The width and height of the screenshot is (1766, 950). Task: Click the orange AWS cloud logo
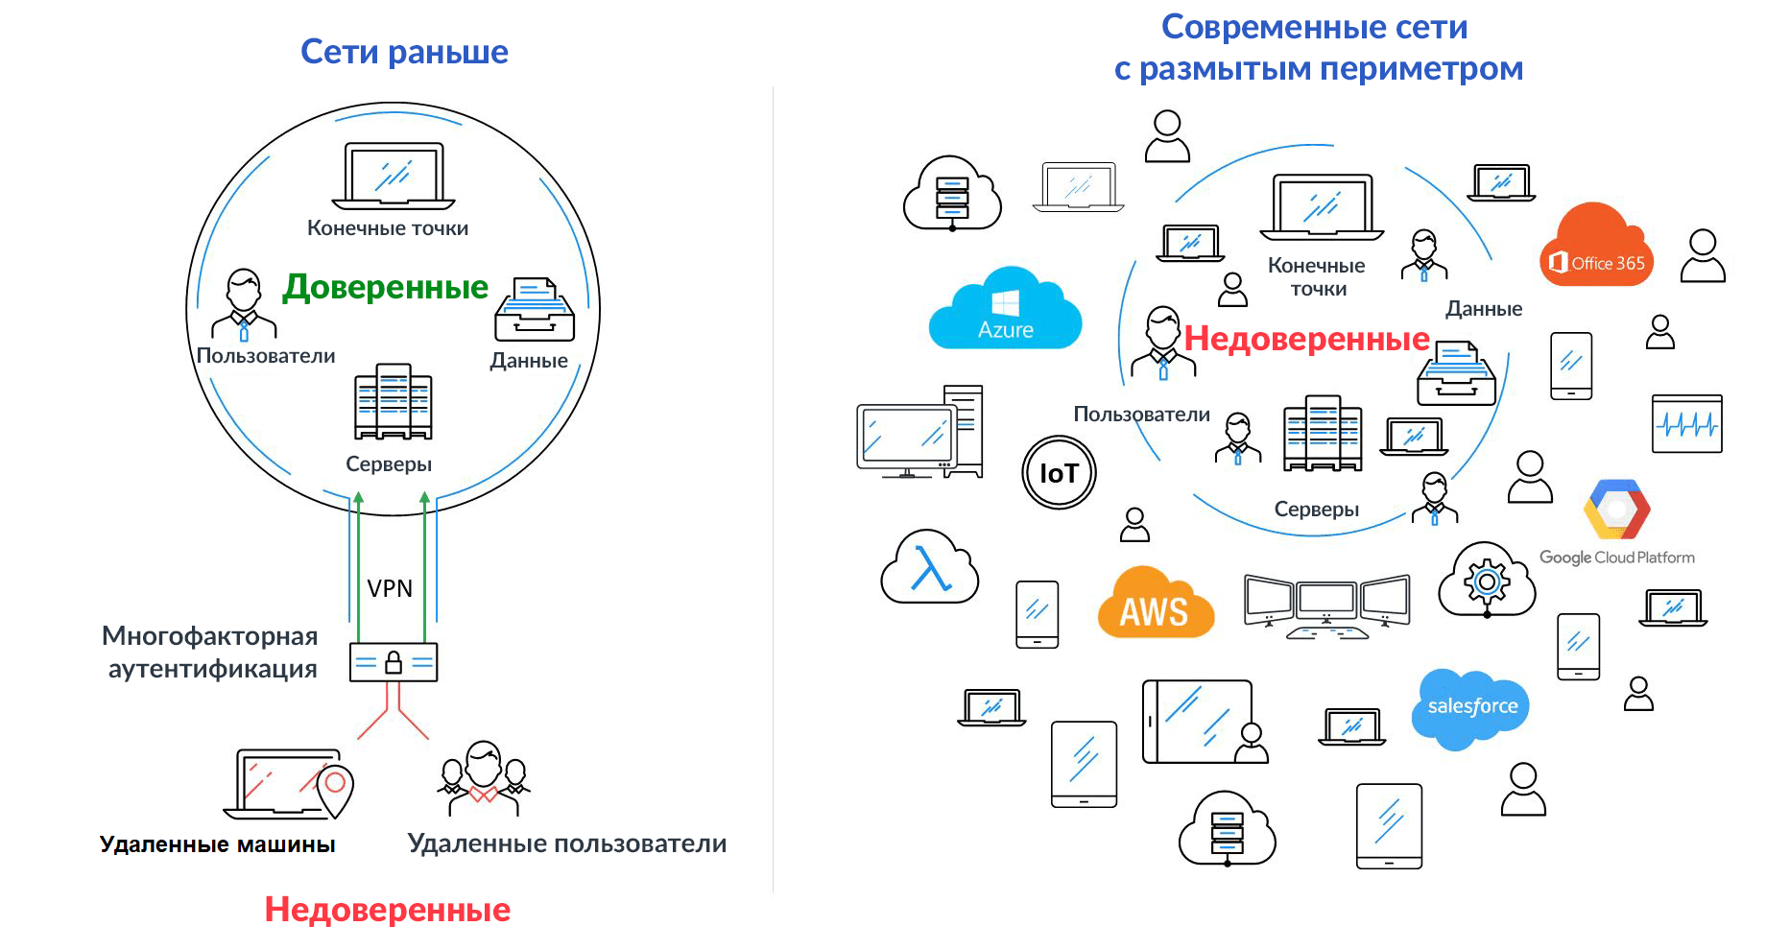point(1155,604)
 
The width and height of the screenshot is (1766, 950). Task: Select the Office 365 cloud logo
point(1597,249)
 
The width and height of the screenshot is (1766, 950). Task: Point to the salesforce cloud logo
point(1471,708)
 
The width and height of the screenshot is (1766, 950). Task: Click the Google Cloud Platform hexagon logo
point(1617,511)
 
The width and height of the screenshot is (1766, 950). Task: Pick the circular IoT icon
point(1059,472)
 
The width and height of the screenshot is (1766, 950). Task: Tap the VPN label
point(390,588)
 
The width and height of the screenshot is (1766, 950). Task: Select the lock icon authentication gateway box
point(394,662)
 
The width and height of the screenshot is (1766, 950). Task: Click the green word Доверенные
point(385,287)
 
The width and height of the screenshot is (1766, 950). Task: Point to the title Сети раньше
point(404,52)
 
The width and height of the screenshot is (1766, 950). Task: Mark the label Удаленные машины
point(218,844)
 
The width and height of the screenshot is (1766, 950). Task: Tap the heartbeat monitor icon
point(1686,423)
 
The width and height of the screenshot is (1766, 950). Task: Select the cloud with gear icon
point(1487,579)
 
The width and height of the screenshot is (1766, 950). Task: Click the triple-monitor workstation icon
point(1326,606)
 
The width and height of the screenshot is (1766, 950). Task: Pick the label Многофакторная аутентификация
point(210,653)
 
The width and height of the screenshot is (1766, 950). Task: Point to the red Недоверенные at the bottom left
point(387,910)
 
